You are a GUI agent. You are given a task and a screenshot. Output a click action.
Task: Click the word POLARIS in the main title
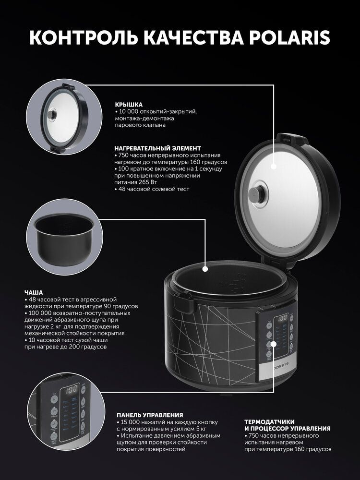[289, 37]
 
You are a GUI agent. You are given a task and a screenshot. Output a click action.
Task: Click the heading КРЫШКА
[129, 105]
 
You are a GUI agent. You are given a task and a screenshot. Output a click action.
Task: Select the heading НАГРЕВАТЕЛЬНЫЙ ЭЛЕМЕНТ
[157, 148]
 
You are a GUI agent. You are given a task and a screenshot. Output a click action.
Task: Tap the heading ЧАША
[34, 293]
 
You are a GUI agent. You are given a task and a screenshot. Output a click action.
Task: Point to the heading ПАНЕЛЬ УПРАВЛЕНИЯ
[150, 415]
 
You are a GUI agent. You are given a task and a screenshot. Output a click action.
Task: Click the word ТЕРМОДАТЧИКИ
[269, 422]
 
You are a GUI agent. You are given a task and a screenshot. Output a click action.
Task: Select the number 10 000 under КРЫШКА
[129, 111]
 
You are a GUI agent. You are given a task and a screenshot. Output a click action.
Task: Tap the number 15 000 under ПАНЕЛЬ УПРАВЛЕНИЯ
[131, 422]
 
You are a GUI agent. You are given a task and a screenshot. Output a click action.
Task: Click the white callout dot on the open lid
[274, 167]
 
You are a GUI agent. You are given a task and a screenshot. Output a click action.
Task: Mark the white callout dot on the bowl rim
[205, 269]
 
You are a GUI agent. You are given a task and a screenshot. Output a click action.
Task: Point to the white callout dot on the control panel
[273, 345]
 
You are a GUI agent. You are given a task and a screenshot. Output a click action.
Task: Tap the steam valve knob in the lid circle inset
[51, 115]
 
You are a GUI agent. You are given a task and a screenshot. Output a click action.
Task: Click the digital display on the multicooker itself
[282, 318]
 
